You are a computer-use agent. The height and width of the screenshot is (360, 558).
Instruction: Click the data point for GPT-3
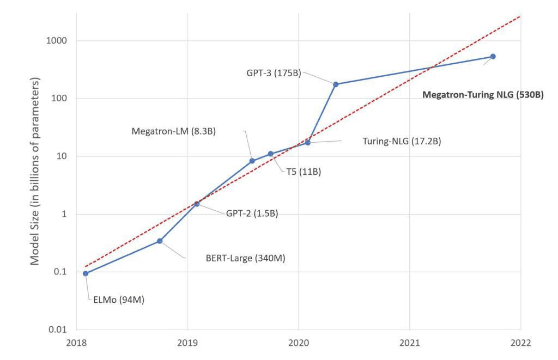click(336, 84)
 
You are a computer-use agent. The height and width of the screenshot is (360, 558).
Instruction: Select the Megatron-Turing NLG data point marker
click(493, 56)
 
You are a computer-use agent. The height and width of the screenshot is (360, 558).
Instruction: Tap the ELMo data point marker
click(86, 273)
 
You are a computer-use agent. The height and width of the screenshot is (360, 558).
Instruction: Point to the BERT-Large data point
click(160, 241)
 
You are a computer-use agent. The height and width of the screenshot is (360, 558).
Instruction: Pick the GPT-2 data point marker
click(197, 204)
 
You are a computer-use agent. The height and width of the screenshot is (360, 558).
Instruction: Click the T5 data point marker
click(271, 154)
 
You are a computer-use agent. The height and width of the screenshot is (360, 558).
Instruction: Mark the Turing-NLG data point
click(308, 142)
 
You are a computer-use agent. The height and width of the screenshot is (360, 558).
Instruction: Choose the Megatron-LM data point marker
click(252, 161)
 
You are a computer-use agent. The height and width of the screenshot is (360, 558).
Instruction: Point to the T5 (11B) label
click(304, 172)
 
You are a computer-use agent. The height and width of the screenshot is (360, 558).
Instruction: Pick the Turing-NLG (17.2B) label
click(402, 141)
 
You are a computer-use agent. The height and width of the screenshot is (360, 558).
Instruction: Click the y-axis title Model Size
click(35, 171)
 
